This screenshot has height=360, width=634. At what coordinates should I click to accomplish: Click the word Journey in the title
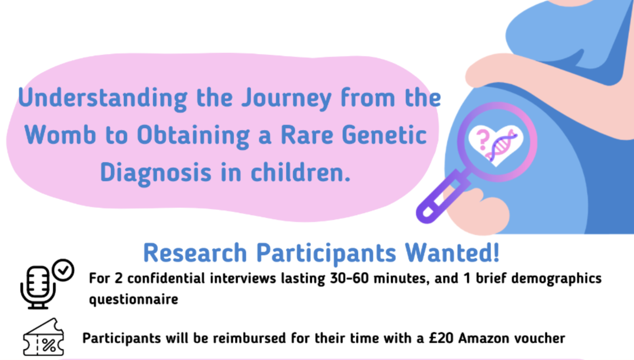(286, 99)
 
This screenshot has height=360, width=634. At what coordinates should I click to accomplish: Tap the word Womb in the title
(60, 135)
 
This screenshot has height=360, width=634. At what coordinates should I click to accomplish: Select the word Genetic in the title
(384, 135)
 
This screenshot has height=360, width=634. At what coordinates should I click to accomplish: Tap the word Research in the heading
(195, 253)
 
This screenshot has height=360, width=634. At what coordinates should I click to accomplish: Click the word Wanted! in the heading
(452, 253)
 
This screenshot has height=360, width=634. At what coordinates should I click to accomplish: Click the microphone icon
(38, 287)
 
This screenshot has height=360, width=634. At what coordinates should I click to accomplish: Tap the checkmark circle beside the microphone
(63, 270)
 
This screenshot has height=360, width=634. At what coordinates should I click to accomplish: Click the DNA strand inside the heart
(501, 145)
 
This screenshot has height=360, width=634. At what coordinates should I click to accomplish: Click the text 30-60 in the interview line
(349, 278)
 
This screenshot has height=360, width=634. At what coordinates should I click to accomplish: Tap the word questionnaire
(134, 300)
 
